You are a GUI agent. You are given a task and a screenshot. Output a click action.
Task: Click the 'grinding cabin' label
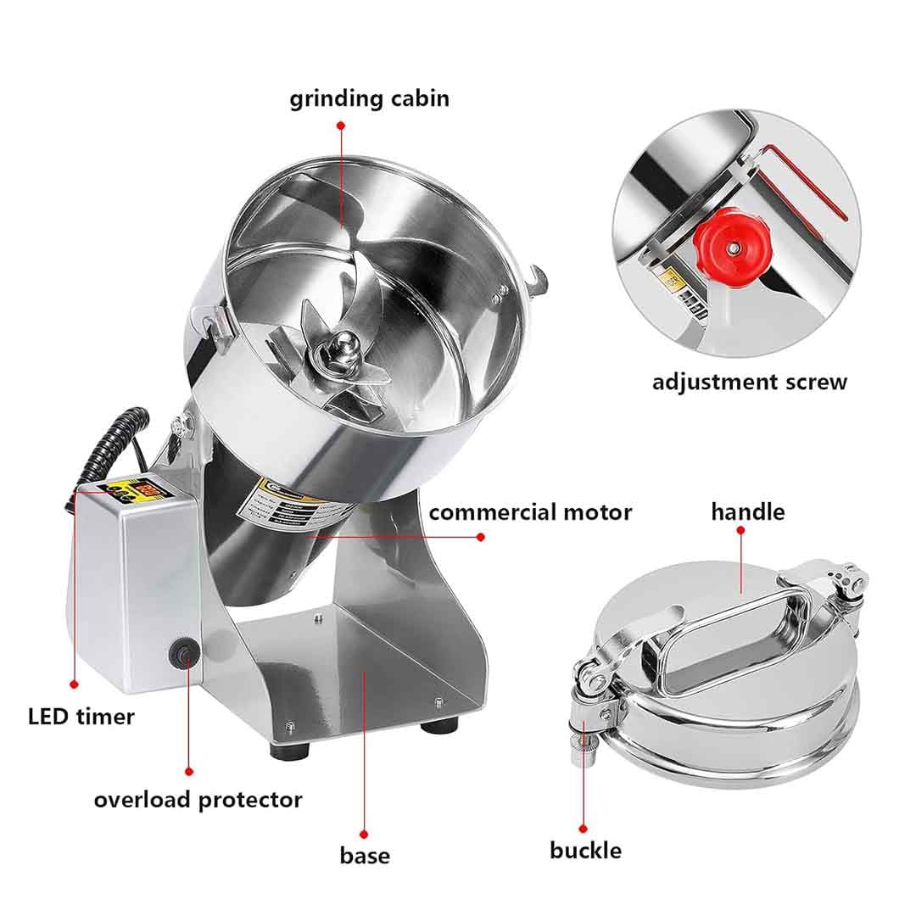[370, 98]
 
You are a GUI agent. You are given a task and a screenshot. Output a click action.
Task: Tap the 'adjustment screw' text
[749, 382]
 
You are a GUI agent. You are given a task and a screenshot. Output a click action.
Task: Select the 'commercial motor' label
[530, 512]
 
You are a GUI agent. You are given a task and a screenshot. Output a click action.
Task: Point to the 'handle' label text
[747, 511]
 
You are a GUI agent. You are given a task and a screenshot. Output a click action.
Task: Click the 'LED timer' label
[81, 717]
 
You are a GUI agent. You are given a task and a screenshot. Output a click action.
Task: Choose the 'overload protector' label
[198, 799]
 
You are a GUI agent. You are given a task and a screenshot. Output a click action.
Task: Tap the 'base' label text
[365, 855]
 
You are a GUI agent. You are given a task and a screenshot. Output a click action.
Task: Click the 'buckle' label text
[585, 850]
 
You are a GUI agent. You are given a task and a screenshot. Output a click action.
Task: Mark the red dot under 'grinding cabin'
[341, 125]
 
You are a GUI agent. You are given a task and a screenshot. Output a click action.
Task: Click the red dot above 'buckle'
[584, 828]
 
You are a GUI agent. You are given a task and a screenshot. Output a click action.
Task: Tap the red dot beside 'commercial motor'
[481, 537]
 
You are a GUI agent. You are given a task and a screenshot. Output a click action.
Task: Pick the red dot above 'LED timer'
[75, 684]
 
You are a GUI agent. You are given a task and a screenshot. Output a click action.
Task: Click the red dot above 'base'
[364, 835]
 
